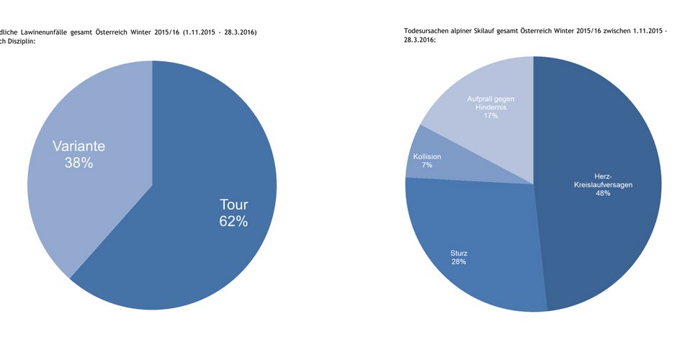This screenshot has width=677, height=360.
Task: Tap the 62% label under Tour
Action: pyautogui.click(x=233, y=222)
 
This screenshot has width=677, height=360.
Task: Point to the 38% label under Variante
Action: pyautogui.click(x=79, y=163)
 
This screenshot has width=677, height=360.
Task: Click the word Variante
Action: pyautogui.click(x=79, y=146)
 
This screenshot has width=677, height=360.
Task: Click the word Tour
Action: pyautogui.click(x=233, y=204)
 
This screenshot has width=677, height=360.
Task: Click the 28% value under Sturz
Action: pyautogui.click(x=459, y=261)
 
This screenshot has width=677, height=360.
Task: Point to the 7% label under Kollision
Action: pyautogui.click(x=427, y=165)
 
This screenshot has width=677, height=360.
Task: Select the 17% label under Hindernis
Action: pyautogui.click(x=491, y=115)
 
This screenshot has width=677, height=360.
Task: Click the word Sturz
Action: pyautogui.click(x=459, y=253)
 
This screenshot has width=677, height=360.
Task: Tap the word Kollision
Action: pyautogui.click(x=427, y=156)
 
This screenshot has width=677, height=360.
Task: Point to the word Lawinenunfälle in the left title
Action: pyautogui.click(x=55, y=32)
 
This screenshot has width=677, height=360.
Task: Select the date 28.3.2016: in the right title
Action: pyautogui.click(x=419, y=40)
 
